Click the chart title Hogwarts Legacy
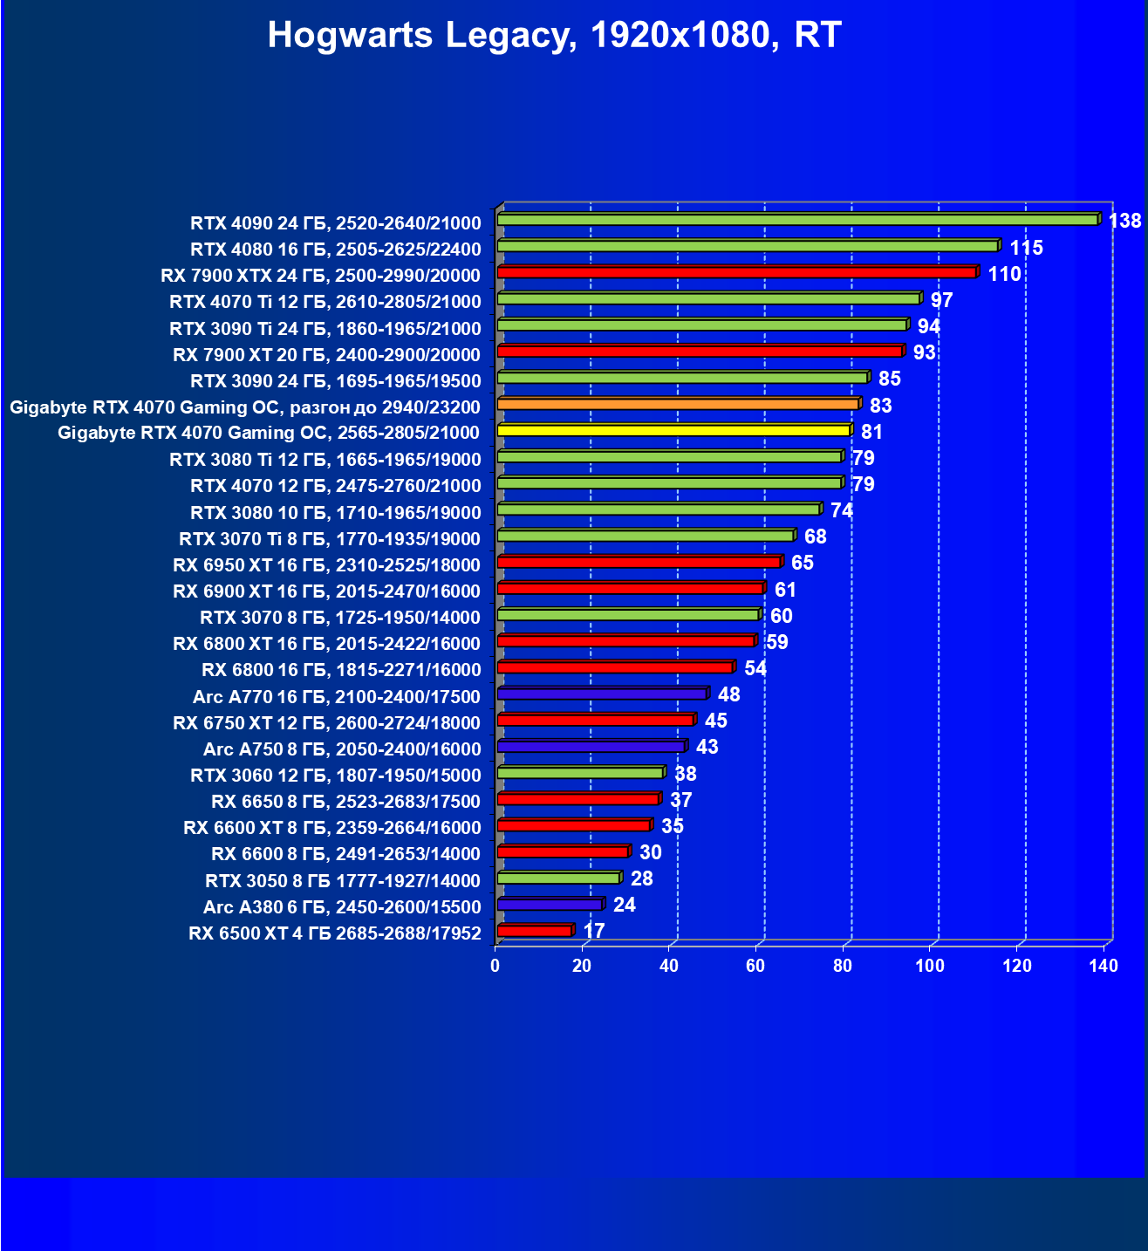(554, 35)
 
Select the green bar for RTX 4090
(797, 220)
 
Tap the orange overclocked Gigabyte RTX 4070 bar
(678, 405)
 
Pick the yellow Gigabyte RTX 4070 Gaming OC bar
(673, 431)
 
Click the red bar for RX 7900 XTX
(736, 273)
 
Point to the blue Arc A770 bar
(602, 694)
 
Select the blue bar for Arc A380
(550, 905)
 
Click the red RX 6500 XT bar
(535, 931)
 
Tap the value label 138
(1124, 221)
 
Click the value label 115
(1026, 248)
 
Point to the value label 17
(594, 931)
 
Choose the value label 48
(728, 694)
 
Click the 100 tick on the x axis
(930, 966)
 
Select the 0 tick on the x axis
(495, 966)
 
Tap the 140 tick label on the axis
(1104, 966)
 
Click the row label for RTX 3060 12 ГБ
(336, 776)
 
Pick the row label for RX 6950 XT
(327, 564)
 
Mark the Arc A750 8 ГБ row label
(342, 749)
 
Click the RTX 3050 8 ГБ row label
(343, 880)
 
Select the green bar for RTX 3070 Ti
(646, 536)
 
